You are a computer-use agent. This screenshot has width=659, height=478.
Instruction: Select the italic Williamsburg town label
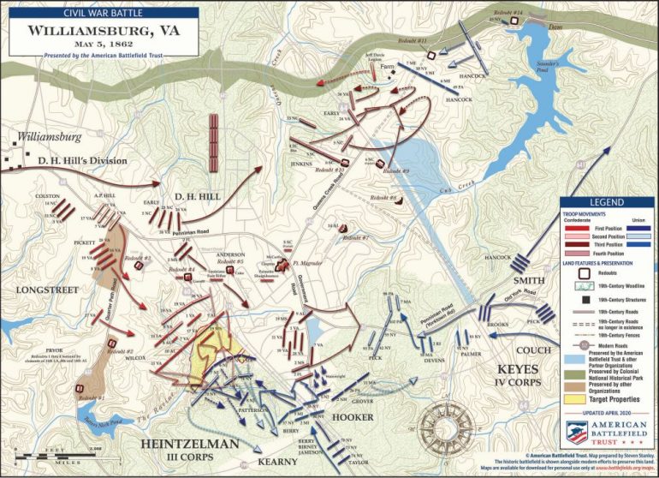[x=50, y=136]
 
